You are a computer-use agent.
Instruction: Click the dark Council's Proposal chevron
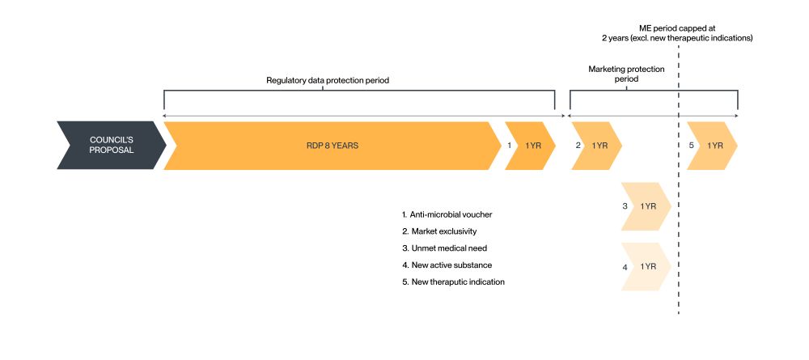click(110, 146)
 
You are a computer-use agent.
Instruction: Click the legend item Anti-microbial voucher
click(447, 214)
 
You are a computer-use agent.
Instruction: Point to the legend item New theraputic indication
click(454, 282)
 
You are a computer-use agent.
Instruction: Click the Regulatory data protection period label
click(333, 80)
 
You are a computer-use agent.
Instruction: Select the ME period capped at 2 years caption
click(679, 33)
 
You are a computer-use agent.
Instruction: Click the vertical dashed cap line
click(679, 243)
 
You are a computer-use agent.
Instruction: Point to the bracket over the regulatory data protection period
click(359, 91)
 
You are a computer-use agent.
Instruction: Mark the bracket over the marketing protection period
click(654, 91)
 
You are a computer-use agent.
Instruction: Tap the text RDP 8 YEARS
click(332, 146)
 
